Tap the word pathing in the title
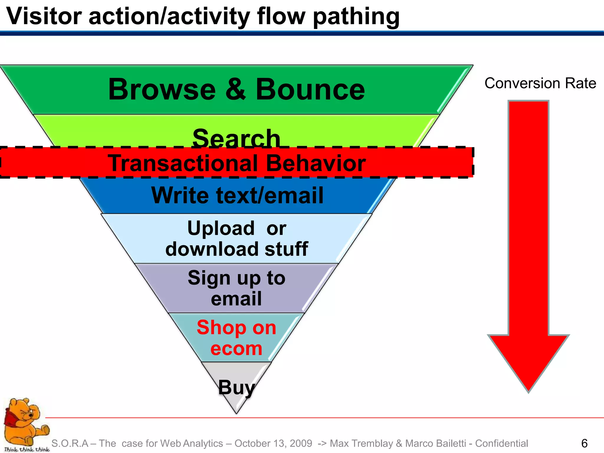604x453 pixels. [x=356, y=17]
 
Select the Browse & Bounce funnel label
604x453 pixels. [x=237, y=89]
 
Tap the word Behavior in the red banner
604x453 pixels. [x=316, y=163]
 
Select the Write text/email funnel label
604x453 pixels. [x=237, y=196]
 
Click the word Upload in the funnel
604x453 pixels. [x=221, y=229]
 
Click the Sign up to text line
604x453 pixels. [x=237, y=278]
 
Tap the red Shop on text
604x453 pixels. [x=237, y=328]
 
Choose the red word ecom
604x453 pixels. [x=237, y=349]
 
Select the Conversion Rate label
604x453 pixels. [x=540, y=83]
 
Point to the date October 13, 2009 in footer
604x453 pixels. [x=273, y=444]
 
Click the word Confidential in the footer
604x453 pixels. [x=501, y=444]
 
